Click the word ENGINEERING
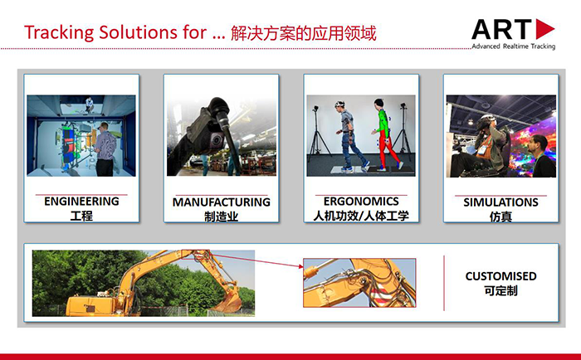coord(81,201)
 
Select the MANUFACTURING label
coord(222,202)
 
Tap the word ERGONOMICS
coord(361,201)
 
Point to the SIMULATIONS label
coord(500,202)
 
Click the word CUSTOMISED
coord(500,276)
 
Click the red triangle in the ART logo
coord(545,29)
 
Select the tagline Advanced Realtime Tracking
coord(513,46)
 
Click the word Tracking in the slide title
coord(59,32)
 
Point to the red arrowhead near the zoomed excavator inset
coord(300,265)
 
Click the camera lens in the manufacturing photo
coord(216,140)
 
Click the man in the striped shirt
coord(105,149)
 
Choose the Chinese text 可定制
coord(500,291)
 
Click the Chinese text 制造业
coord(222,216)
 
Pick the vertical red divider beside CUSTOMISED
coord(444,283)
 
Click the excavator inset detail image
coord(359,283)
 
